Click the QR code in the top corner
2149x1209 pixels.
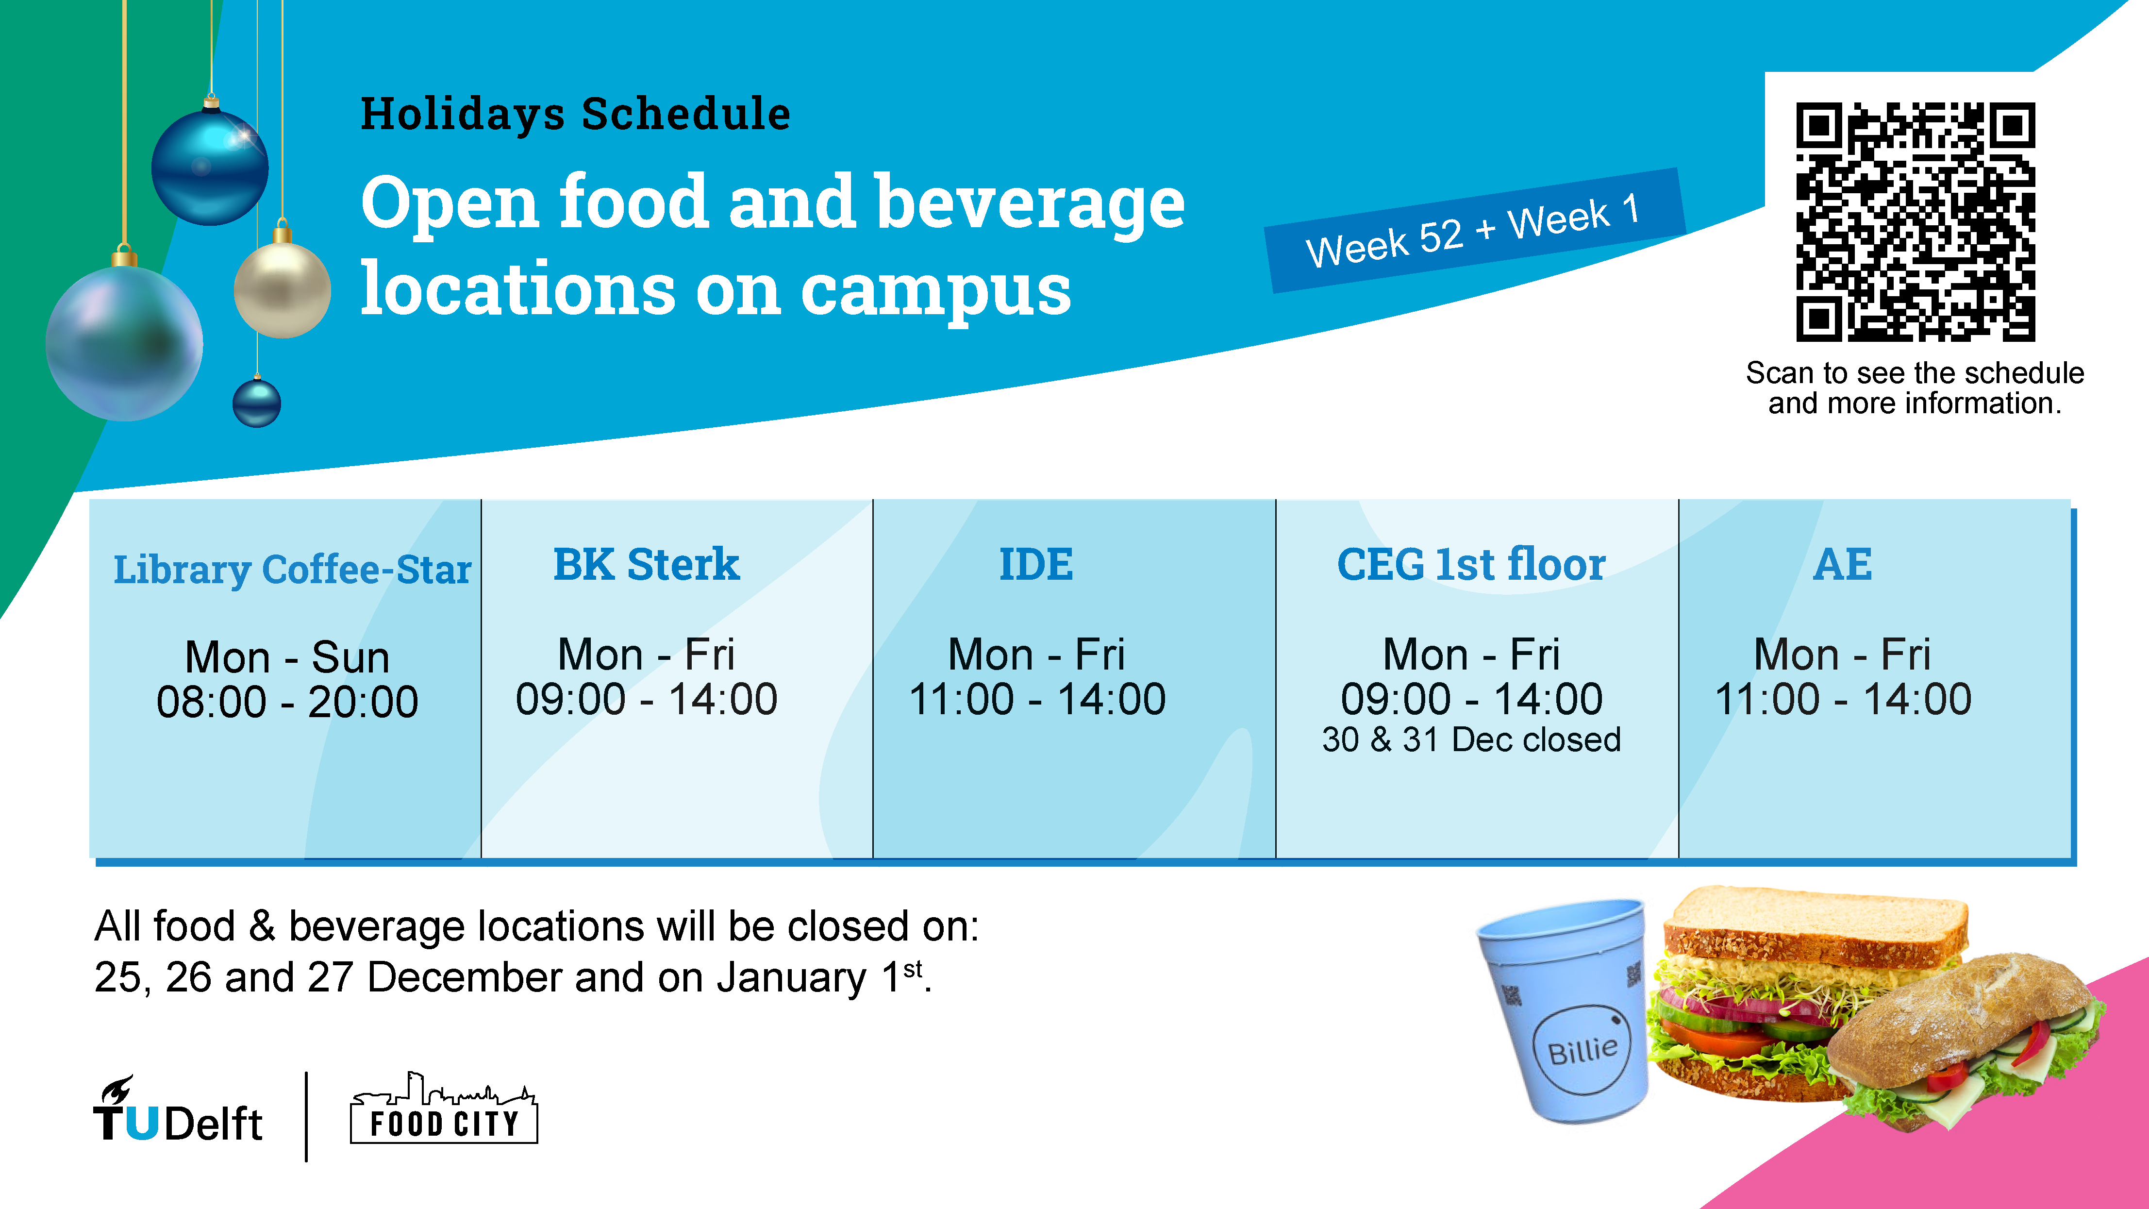[x=1916, y=222]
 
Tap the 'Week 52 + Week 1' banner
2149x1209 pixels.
[x=1475, y=230]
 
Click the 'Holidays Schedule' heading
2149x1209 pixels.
[x=575, y=114]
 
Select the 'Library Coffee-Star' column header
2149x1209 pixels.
[x=292, y=570]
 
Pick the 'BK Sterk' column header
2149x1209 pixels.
[x=647, y=564]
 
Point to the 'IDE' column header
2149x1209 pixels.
[x=1036, y=564]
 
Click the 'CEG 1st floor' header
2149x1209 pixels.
[x=1472, y=564]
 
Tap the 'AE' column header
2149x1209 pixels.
[x=1843, y=564]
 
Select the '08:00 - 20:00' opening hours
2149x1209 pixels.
[x=287, y=702]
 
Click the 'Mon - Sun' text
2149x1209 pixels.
[x=287, y=657]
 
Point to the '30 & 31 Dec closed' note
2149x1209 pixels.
[x=1472, y=740]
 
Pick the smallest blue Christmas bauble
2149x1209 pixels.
[x=257, y=402]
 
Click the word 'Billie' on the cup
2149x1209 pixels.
[x=1583, y=1049]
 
